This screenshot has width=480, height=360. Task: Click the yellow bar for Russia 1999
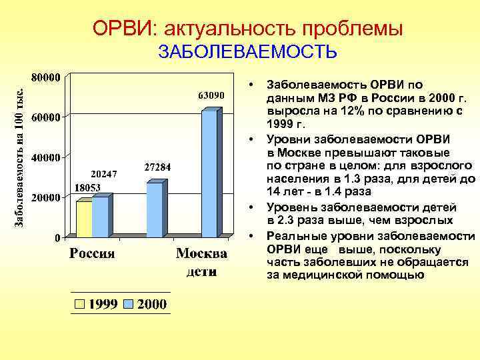pos(84,219)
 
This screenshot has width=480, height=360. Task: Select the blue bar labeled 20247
pos(100,217)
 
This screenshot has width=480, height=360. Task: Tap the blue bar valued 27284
pos(155,210)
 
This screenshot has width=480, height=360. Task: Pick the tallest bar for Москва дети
pos(209,173)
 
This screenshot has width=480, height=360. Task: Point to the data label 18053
pos(87,188)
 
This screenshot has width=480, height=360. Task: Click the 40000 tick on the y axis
pos(47,157)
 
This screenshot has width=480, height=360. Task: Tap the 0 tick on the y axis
pos(57,238)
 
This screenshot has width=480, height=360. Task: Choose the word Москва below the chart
pos(201,254)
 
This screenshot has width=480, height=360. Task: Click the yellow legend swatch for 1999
pos(80,304)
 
